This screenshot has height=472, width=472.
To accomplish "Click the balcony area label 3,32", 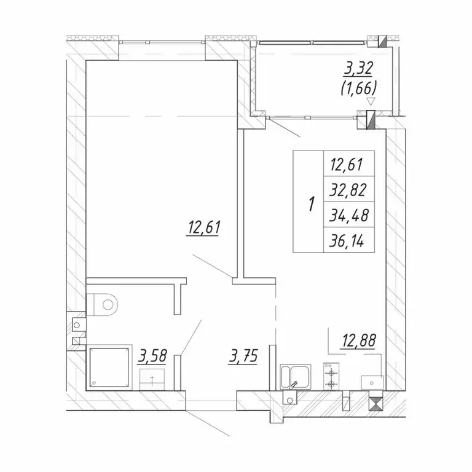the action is pos(358,69).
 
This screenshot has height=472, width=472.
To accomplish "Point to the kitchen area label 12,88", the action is pos(358,340).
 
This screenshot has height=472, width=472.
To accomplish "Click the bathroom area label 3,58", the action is pos(152,356).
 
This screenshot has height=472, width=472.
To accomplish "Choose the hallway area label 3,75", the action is pos(243,356).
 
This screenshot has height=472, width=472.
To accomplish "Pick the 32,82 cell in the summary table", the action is pos(348,189).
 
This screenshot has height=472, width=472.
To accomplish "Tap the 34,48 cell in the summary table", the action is pos(348,215).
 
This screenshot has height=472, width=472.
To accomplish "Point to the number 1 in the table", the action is pos(311,203).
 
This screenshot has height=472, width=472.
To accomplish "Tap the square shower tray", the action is pos(109,368).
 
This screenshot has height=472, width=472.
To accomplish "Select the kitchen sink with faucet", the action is pos(296,377).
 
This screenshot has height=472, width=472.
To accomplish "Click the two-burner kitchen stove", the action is pos(331,377).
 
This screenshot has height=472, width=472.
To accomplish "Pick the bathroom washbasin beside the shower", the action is pos(152,380).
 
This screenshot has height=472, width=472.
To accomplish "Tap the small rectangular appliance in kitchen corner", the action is pos(372,383).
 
